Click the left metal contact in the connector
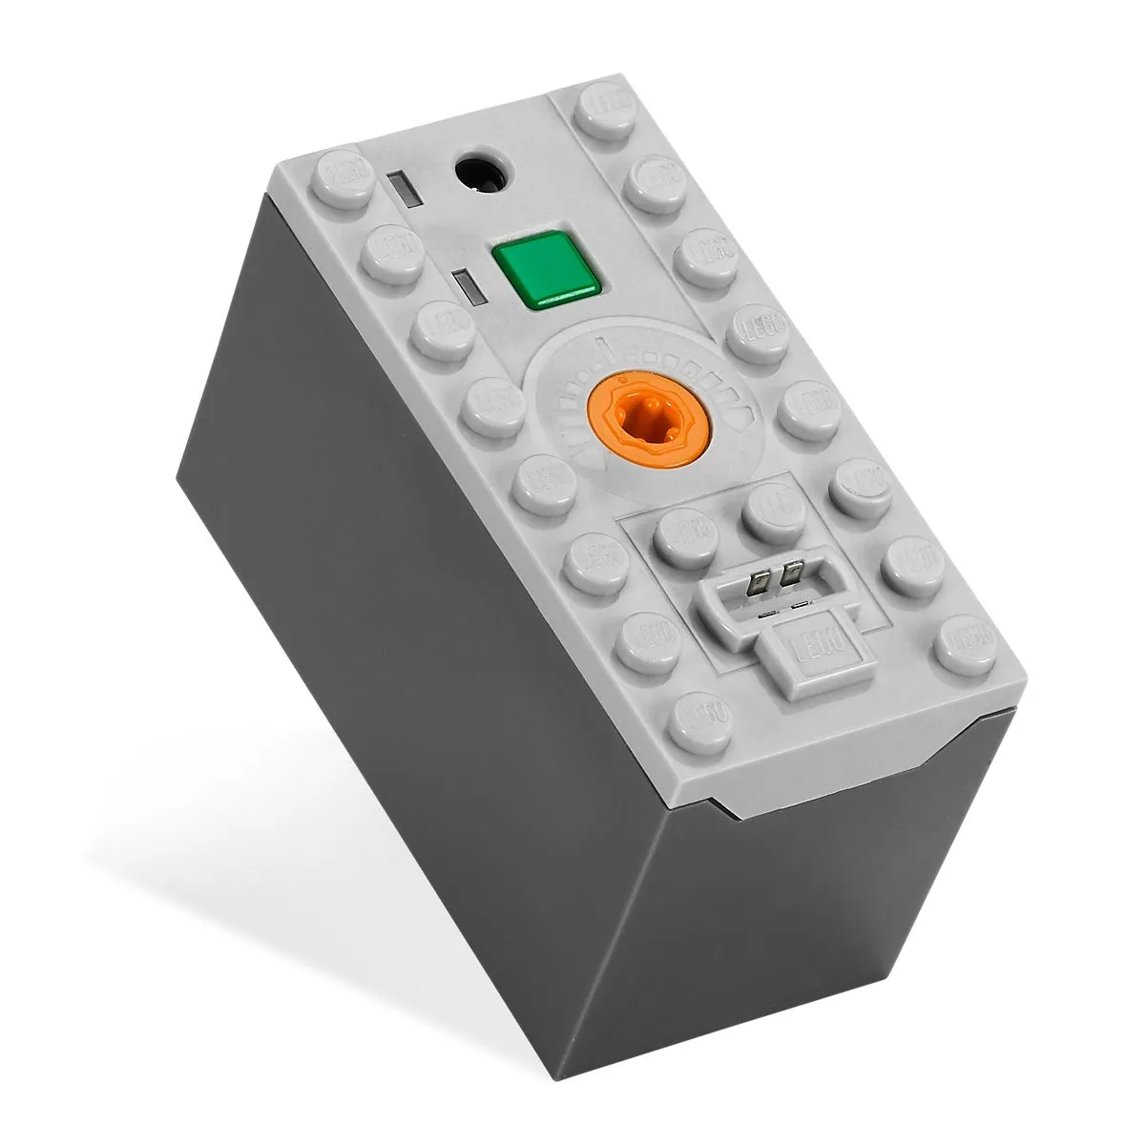click(761, 582)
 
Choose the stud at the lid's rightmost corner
click(966, 642)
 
